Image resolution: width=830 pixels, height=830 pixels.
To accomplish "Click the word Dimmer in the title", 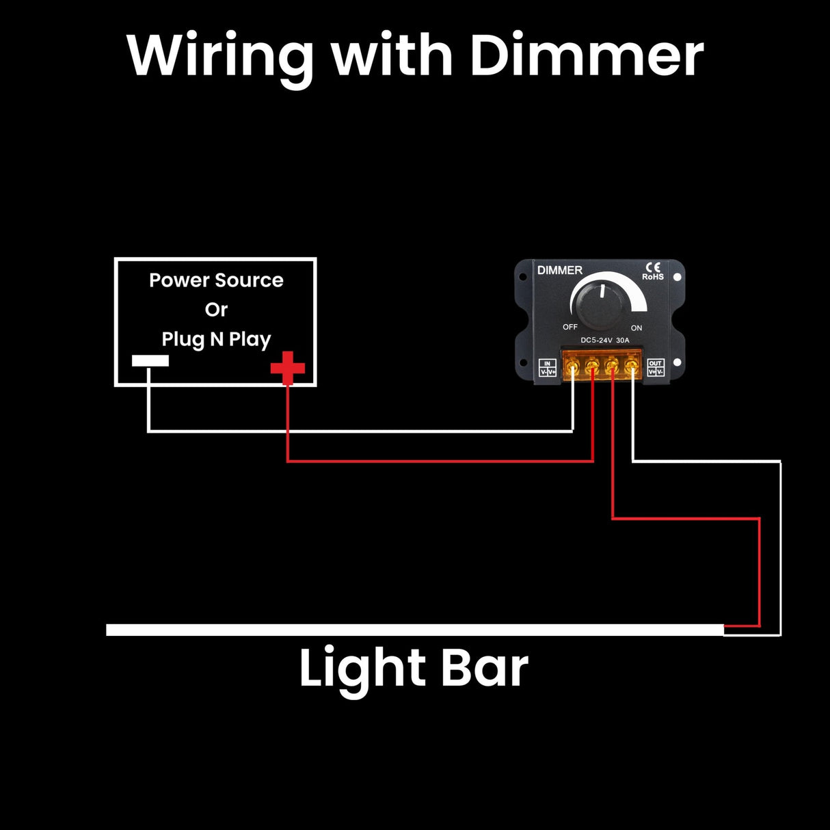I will coord(587,55).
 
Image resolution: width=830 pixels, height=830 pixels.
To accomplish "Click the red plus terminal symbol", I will coord(288,368).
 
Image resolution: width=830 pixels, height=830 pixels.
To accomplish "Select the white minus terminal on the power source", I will coord(150,361).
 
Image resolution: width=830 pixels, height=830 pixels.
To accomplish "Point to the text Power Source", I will coord(216,280).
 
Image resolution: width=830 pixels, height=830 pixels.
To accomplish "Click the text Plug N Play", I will coord(216,339).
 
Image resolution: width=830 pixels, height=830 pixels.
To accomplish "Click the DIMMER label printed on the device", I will coord(559,271).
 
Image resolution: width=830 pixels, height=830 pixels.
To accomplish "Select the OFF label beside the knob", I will coord(570,327).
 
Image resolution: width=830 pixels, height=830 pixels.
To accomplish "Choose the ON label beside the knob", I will coord(637,328).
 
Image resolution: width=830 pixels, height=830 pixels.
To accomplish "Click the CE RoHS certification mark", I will coord(653,271).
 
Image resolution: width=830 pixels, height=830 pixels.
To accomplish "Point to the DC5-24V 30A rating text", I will coord(604,340).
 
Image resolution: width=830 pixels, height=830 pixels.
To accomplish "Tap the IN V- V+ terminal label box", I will coord(548,368).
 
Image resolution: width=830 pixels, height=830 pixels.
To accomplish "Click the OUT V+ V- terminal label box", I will coord(655,368).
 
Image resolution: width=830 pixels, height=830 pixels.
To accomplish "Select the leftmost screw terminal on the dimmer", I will coord(572,370).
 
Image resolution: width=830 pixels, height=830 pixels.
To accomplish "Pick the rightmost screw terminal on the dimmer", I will coord(632,370).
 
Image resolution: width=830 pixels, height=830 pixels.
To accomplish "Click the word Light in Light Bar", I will coord(359,669).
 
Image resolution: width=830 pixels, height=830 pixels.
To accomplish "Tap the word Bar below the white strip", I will coord(485,667).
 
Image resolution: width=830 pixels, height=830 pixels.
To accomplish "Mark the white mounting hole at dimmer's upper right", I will coord(677,278).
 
